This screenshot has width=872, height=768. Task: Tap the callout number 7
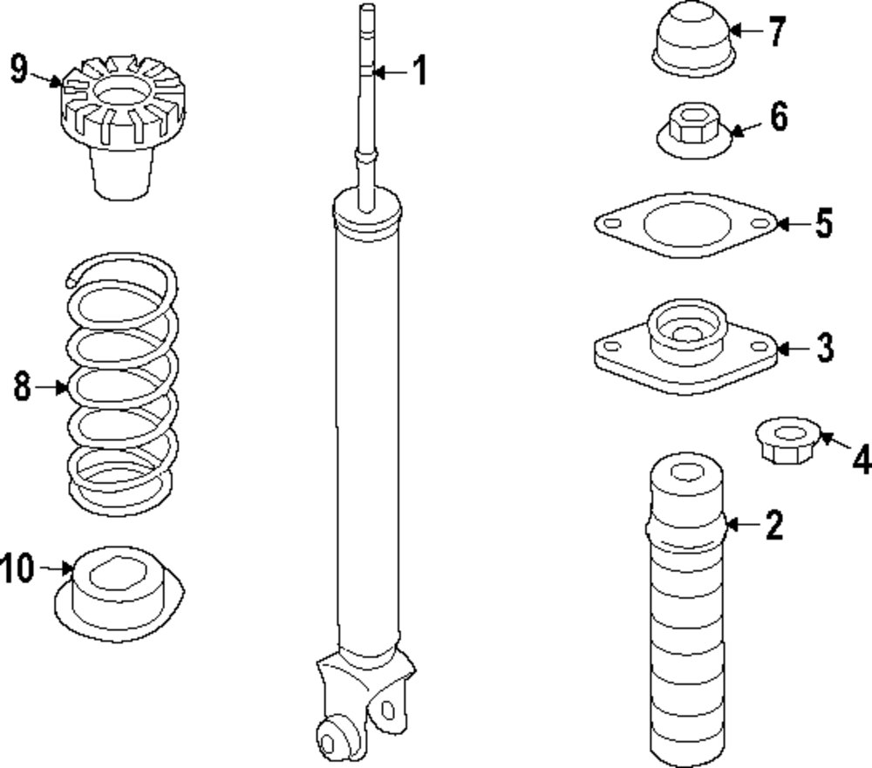pyautogui.click(x=776, y=31)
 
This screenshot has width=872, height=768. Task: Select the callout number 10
pyautogui.click(x=17, y=568)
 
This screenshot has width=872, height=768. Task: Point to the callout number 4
pyautogui.click(x=861, y=459)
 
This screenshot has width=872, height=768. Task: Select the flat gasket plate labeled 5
pyautogui.click(x=685, y=225)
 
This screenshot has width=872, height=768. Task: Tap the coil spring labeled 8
pyautogui.click(x=123, y=384)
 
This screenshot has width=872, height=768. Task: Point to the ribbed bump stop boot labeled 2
pyautogui.click(x=686, y=610)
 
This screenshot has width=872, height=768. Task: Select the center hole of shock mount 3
pyautogui.click(x=687, y=332)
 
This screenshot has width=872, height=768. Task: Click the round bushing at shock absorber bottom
pyautogui.click(x=332, y=739)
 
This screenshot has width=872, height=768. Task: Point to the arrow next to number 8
pyautogui.click(x=56, y=386)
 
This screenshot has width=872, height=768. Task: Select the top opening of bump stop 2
pyautogui.click(x=687, y=473)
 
